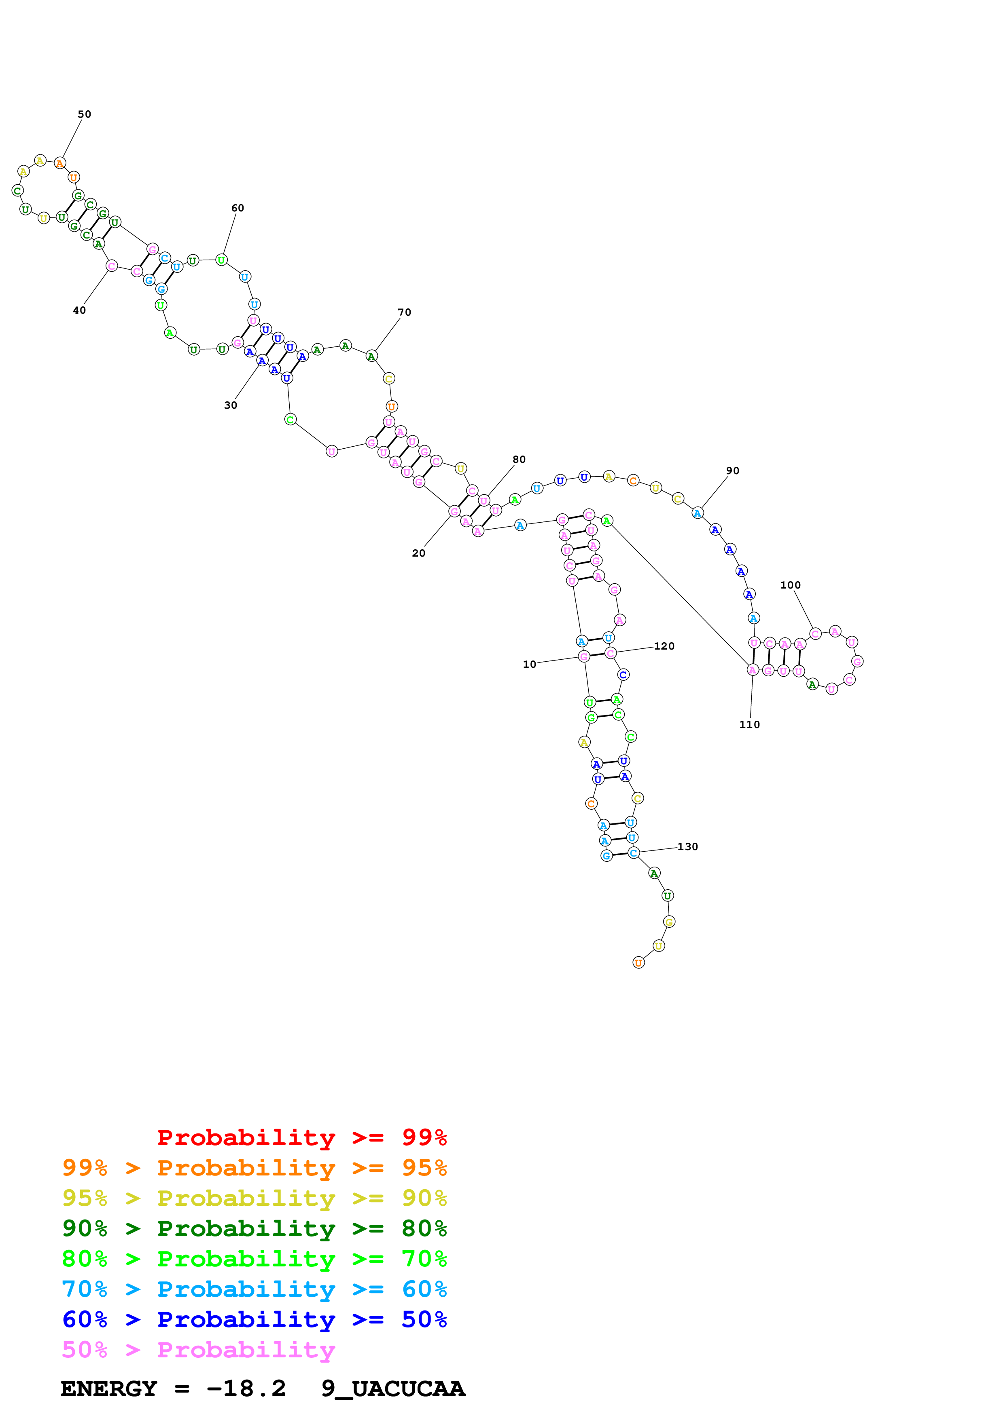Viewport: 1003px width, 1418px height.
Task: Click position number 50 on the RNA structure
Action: pyautogui.click(x=84, y=114)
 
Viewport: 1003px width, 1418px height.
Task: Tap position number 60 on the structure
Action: pyautogui.click(x=237, y=208)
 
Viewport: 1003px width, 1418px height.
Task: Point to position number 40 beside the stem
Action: pyautogui.click(x=79, y=310)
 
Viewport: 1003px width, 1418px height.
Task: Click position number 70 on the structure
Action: pyautogui.click(x=404, y=312)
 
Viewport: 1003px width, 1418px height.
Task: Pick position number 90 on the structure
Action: pyautogui.click(x=732, y=471)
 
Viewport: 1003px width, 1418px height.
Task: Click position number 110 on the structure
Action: pyautogui.click(x=749, y=724)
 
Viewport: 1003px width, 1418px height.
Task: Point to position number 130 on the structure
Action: pyautogui.click(x=687, y=847)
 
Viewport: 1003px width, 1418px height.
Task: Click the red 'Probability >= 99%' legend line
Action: pyautogui.click(x=301, y=1137)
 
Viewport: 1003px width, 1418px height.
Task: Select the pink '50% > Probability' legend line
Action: pyautogui.click(x=198, y=1350)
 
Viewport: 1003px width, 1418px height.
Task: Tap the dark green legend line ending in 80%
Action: pyautogui.click(x=254, y=1228)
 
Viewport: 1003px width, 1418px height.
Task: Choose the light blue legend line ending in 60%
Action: pyautogui.click(x=254, y=1289)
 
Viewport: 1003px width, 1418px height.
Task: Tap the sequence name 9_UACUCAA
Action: pyautogui.click(x=392, y=1389)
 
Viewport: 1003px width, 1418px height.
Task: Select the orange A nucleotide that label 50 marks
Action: pyautogui.click(x=59, y=163)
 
